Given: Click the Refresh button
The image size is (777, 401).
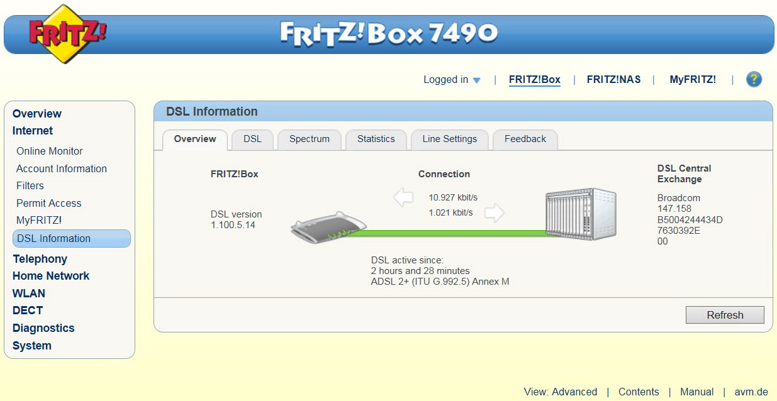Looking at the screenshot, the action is click(x=725, y=315).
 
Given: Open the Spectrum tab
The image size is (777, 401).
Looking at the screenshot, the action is click(x=310, y=140).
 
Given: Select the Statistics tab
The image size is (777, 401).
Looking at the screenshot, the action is click(x=376, y=140).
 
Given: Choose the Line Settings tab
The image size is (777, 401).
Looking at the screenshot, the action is click(x=450, y=140).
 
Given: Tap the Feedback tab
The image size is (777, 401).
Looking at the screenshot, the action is click(x=525, y=140).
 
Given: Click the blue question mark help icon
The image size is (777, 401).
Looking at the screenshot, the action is click(x=754, y=79).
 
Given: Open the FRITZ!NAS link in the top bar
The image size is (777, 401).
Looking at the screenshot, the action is click(x=613, y=80).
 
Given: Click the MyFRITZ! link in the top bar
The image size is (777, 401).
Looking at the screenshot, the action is click(x=693, y=80).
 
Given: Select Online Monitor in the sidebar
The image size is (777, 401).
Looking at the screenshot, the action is click(x=50, y=151).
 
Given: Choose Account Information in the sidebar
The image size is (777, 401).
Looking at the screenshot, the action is click(x=62, y=168).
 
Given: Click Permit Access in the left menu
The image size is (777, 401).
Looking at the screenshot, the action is click(x=49, y=203).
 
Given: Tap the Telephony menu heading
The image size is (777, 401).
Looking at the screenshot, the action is click(x=40, y=259).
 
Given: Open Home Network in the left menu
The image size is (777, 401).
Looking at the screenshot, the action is click(x=51, y=276).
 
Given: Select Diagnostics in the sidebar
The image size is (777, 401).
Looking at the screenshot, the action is click(x=43, y=328).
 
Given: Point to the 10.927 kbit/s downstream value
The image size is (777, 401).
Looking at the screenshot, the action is click(x=453, y=197).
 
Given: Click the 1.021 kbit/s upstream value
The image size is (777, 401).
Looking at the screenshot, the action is click(x=450, y=212).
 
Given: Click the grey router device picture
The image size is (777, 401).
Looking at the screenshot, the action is click(x=328, y=228).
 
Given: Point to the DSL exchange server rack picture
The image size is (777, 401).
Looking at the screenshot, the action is click(x=581, y=214).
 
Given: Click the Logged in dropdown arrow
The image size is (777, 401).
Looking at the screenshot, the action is click(x=477, y=80).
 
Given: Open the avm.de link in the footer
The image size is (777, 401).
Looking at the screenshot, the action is click(x=751, y=392).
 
